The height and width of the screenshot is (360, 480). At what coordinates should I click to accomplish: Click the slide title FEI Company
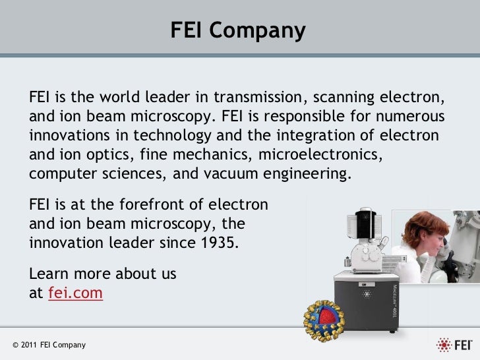click(238, 30)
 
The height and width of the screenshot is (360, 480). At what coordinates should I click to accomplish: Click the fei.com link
click(76, 293)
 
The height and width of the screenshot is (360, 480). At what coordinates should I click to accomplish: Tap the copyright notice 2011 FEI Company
click(48, 345)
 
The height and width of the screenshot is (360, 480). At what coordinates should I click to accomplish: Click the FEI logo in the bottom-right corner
click(454, 344)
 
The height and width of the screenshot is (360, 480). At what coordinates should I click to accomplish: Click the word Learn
click(51, 274)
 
